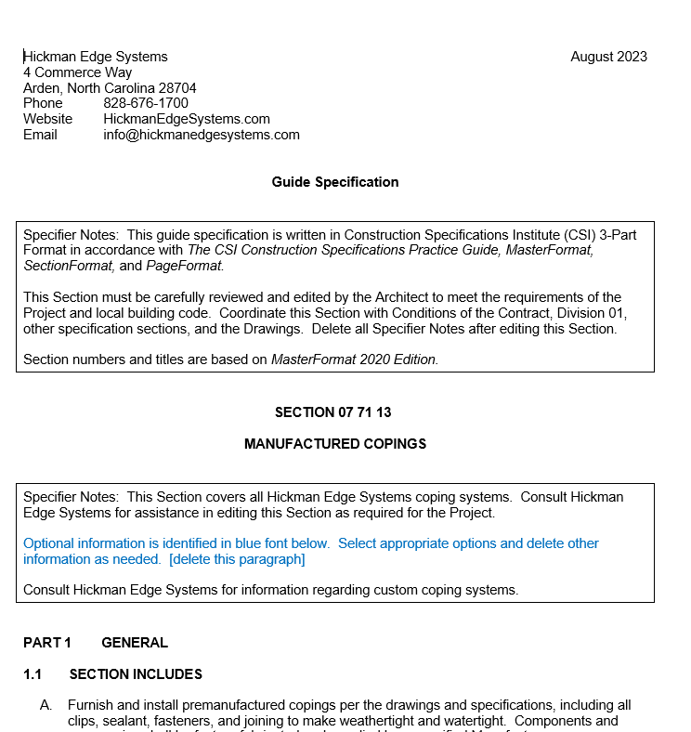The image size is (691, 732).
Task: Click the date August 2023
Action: [608, 57]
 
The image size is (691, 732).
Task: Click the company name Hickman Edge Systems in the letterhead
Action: [96, 57]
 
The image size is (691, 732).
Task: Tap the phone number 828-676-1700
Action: [146, 103]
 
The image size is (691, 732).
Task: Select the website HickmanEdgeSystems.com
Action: [187, 119]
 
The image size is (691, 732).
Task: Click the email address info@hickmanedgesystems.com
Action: [202, 135]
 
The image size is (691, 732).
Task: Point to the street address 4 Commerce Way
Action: [78, 72]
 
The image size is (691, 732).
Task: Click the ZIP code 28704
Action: [177, 88]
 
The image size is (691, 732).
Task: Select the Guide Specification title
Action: [335, 182]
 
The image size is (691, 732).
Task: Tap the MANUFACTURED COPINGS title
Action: [335, 444]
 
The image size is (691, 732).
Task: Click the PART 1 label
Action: [47, 643]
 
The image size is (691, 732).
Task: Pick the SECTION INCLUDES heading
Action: [136, 674]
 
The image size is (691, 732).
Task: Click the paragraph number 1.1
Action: [33, 674]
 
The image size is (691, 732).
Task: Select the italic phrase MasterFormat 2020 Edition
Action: [354, 359]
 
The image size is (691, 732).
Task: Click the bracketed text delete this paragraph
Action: [237, 559]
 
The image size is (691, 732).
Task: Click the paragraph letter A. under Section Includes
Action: [46, 706]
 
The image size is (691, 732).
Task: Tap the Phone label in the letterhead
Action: [43, 103]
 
